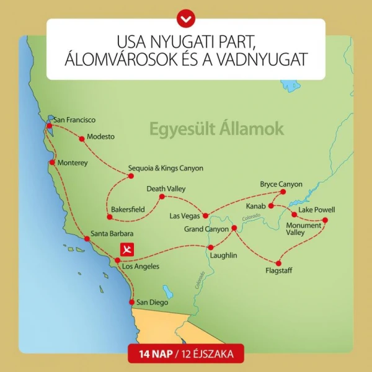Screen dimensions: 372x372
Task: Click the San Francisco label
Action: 74,120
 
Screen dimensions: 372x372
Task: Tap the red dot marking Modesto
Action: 81,139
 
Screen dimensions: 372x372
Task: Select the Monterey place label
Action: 73,163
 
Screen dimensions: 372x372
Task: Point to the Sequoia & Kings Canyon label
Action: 166,168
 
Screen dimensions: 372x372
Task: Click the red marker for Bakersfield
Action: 110,217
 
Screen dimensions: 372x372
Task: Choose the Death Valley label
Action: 166,188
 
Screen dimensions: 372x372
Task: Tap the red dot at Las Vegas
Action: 206,216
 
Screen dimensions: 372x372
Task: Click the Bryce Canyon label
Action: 281,184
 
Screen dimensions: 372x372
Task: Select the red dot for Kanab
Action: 271,206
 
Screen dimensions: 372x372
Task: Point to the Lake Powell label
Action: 317,210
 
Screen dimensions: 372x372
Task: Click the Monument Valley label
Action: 303,229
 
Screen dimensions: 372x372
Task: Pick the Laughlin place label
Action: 224,254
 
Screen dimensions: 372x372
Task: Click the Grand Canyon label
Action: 207,229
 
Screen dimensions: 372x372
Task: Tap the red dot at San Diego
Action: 131,302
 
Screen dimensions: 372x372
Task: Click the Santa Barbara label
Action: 112,234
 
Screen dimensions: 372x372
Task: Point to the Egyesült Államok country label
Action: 216,129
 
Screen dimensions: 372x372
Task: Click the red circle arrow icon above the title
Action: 185,18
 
